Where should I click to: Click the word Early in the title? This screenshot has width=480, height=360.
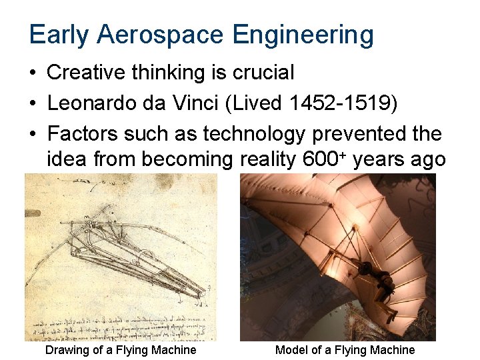click(58, 35)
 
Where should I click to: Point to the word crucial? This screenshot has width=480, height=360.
click(263, 73)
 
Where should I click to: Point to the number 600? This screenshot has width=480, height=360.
click(319, 160)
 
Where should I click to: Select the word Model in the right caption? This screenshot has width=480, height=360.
click(291, 350)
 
